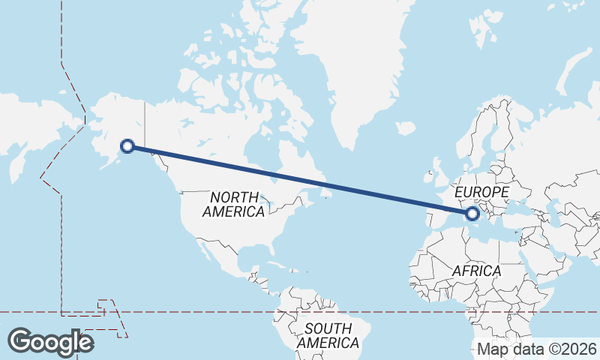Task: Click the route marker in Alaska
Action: pos(127,146)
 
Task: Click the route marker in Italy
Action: pos(472,214)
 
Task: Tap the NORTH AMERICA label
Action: pos(234,204)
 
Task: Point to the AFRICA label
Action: pos(476,270)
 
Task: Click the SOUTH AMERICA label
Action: pos(328,335)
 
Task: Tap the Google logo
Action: pos(50,341)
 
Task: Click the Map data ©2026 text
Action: pos(537,349)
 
